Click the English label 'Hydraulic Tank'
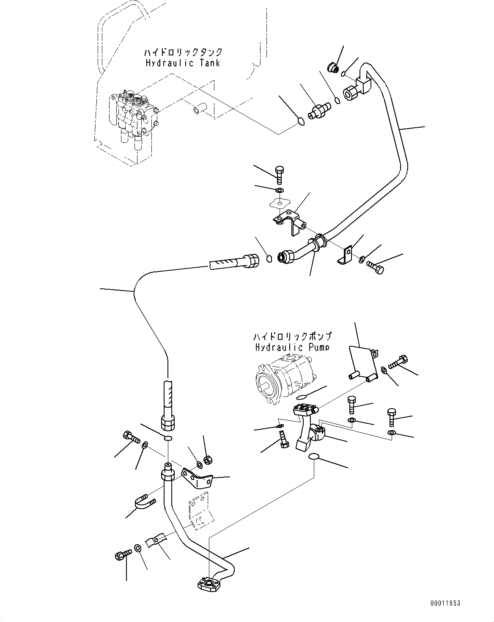point(183,63)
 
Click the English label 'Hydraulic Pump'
point(292,347)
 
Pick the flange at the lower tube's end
point(209,585)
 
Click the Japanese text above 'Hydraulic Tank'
point(183,52)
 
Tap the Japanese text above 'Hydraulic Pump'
point(292,337)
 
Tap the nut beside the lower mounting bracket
point(208,460)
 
